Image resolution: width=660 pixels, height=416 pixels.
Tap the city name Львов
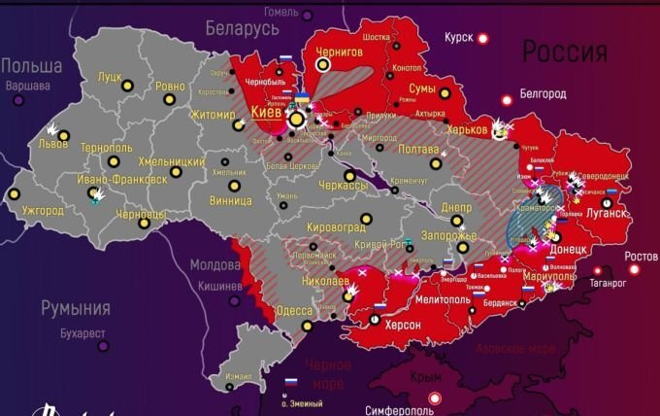tap(52, 144)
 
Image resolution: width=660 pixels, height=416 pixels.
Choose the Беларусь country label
tap(240, 29)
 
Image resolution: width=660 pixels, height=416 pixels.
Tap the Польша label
tap(31, 65)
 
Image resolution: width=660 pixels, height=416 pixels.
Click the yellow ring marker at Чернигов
tap(323, 64)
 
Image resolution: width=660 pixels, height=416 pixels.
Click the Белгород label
tap(543, 93)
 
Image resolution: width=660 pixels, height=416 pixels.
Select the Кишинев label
tap(219, 287)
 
